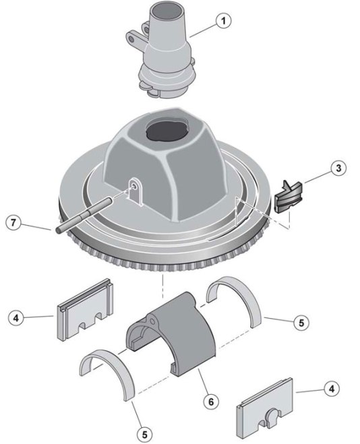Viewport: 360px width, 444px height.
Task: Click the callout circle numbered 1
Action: coord(223,21)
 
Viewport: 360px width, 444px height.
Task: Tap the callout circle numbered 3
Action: coord(338,168)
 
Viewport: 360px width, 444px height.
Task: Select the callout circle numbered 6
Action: coord(211,402)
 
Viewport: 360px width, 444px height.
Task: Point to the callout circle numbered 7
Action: coord(13,222)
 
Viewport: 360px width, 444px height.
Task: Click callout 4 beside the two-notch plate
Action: coord(16,318)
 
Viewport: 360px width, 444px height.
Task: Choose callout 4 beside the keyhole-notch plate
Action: coord(332,389)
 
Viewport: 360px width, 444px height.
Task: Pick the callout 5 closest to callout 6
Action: coord(145,435)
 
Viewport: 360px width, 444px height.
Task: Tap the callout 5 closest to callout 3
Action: coord(301,322)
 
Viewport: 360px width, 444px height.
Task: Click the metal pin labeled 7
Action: coord(85,215)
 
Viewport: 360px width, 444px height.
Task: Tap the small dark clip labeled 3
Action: coord(288,197)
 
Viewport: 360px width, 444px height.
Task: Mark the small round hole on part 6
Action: coord(152,321)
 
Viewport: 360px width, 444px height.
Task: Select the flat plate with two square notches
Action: coord(85,310)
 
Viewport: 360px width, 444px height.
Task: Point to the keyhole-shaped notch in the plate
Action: coord(270,416)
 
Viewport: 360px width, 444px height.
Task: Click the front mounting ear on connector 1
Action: coord(133,39)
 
